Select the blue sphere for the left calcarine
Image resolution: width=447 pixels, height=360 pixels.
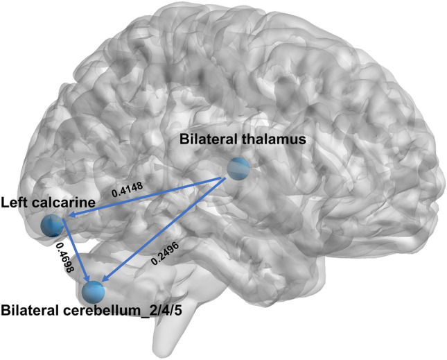tap(53, 225)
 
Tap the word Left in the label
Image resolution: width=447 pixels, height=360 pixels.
tap(15, 203)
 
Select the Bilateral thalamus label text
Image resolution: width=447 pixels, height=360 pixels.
tap(242, 139)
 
